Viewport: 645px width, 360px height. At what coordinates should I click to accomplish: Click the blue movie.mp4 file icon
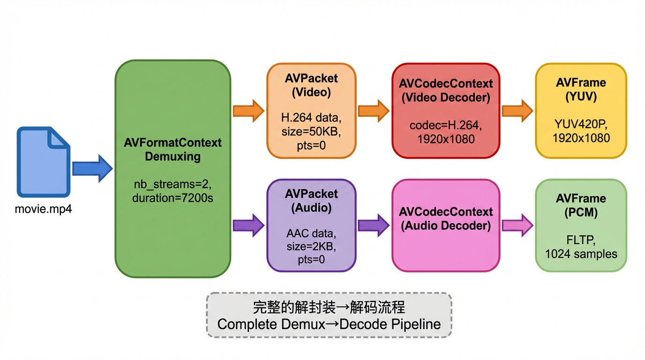pos(43,162)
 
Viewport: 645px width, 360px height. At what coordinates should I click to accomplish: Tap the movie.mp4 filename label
pos(43,209)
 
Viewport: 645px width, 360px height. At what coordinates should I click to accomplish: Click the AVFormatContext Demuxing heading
pos(172,150)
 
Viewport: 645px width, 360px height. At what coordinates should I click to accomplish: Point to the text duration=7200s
pos(172,198)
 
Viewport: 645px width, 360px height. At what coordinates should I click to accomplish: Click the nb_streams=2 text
pos(172,184)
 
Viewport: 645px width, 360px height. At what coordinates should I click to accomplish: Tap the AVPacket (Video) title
pos(311,85)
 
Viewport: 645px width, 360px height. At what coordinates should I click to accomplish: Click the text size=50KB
pos(311,132)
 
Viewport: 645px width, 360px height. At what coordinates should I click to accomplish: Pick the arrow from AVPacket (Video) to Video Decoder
pos(374,111)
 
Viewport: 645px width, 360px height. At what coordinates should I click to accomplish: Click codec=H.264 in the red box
pos(445,126)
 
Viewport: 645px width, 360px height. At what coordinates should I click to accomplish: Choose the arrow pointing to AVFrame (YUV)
pos(517,111)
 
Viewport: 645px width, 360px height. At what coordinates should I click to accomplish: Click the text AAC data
pos(311,233)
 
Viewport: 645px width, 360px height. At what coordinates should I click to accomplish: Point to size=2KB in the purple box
pos(311,247)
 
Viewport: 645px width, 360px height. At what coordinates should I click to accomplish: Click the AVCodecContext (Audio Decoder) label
pos(445,218)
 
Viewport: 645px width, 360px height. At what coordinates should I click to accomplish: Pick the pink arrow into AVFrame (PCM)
pos(517,225)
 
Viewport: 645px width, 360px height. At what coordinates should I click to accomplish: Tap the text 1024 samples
pos(581,254)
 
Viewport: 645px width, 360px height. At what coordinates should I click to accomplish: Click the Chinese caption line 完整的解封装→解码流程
pos(329,307)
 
